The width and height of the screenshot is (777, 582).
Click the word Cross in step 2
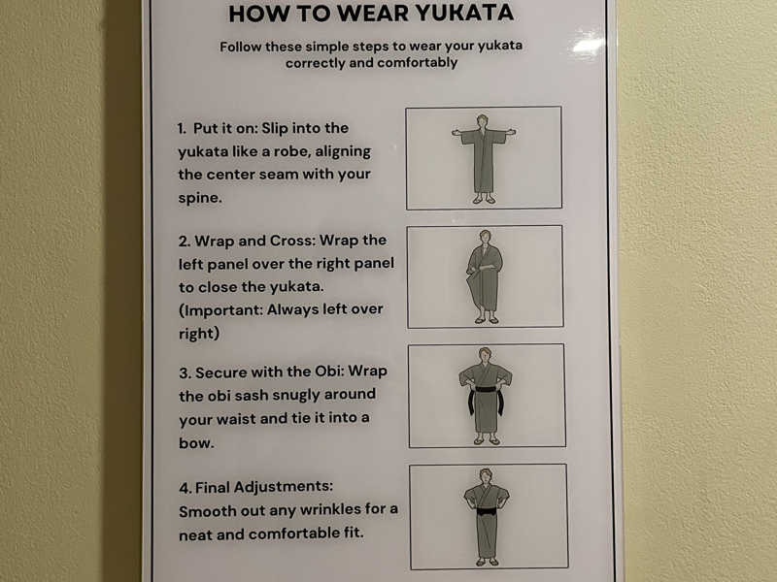tap(291, 241)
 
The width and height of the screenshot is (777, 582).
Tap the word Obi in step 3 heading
tap(329, 372)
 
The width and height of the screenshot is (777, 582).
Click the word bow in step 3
tap(195, 442)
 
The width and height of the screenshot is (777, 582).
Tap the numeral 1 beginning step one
tap(181, 128)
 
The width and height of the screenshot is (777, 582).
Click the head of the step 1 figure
tap(482, 120)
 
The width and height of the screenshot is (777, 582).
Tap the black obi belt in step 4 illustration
tap(487, 511)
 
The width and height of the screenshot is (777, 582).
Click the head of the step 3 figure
tap(485, 354)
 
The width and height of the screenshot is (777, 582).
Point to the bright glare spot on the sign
tap(588, 46)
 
